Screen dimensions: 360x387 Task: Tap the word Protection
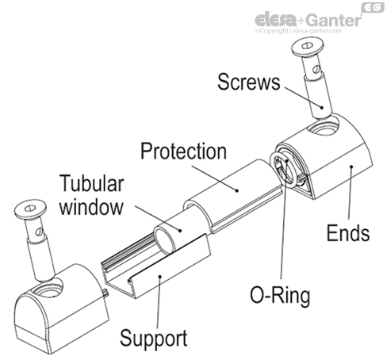(182, 150)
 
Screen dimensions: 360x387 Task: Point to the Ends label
(348, 234)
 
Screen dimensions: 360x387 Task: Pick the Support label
(153, 339)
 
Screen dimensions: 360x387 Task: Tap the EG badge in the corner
(371, 8)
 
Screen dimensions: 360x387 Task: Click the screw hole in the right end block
(324, 127)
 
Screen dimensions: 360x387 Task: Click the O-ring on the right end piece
(284, 170)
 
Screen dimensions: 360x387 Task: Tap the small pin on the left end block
(105, 293)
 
